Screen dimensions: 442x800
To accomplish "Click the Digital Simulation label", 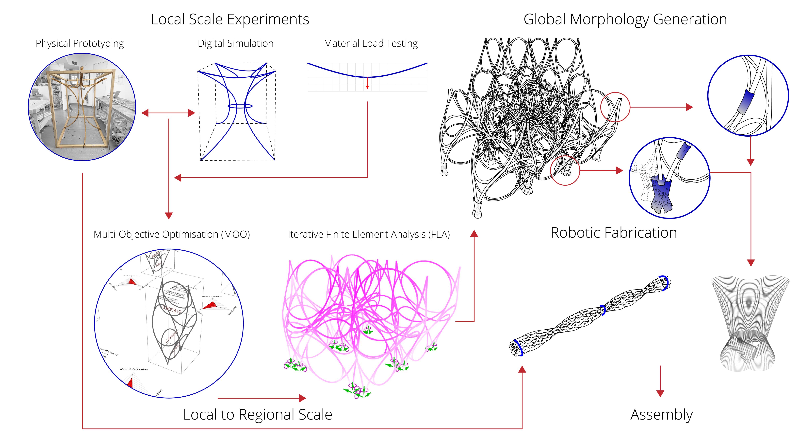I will point(235,43).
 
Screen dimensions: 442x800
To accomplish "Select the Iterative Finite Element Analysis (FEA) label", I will point(369,234).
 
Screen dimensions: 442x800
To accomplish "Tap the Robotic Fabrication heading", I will point(614,233).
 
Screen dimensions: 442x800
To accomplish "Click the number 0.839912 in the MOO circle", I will point(172,310).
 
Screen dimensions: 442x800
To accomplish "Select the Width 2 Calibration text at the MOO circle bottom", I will point(133,369).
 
